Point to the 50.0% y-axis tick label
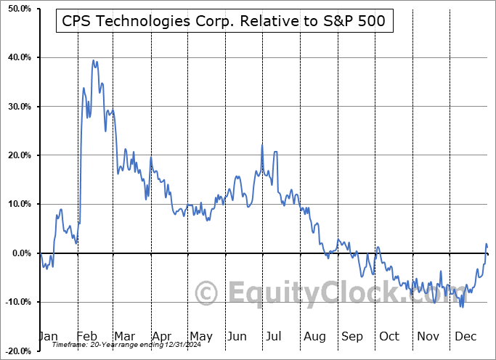tap(17, 9)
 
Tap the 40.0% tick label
tap(17, 57)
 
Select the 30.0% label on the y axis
tap(17, 107)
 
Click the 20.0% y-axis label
tap(17, 155)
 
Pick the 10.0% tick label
tap(17, 204)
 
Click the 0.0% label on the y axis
tap(19, 253)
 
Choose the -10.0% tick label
tap(15, 302)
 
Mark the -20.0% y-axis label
tap(15, 351)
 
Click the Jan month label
tap(49, 336)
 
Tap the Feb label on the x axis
tap(86, 336)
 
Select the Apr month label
tap(161, 336)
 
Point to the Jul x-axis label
tap(274, 336)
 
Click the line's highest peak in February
tap(93, 60)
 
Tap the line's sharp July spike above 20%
tap(262, 145)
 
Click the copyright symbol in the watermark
tap(207, 294)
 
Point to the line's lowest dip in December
tap(462, 307)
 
